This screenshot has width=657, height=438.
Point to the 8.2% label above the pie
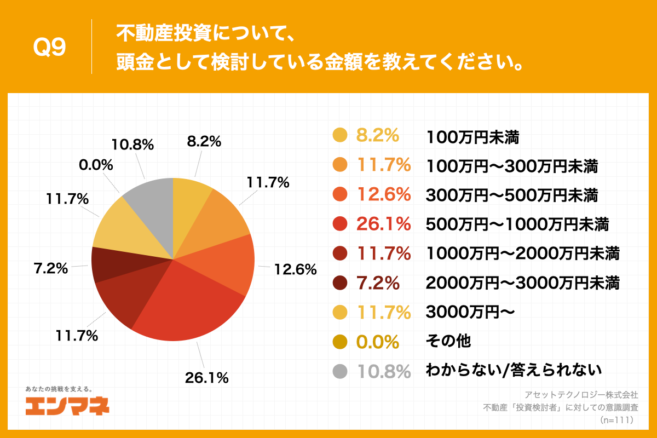point(204,141)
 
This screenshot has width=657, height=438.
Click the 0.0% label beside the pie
point(96,165)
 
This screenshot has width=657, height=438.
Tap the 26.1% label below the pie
point(207,377)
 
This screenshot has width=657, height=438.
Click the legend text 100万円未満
point(472,136)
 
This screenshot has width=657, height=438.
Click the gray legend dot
point(340,372)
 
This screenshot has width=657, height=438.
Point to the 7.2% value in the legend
point(378,283)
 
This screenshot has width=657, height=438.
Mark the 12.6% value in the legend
point(383,194)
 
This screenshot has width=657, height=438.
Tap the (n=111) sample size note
point(616,420)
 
